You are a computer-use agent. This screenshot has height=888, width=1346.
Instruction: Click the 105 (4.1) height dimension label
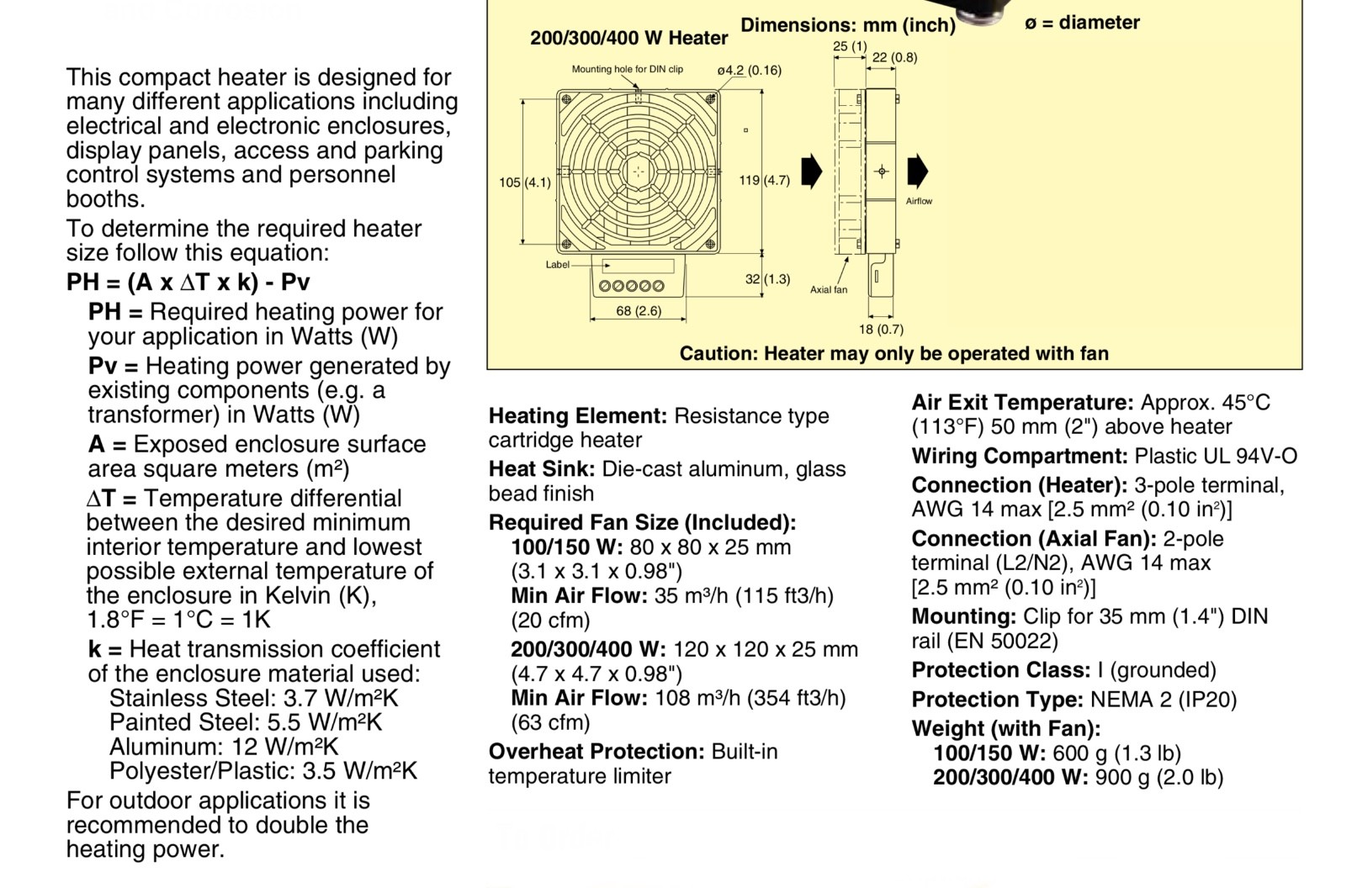click(x=525, y=182)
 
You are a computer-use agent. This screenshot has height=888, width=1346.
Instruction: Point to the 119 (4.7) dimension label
click(x=765, y=180)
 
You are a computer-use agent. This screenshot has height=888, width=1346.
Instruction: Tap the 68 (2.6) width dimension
click(x=639, y=310)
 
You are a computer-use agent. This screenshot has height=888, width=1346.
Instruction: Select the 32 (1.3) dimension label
click(x=767, y=279)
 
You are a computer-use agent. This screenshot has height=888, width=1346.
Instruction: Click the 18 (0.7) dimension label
click(x=881, y=330)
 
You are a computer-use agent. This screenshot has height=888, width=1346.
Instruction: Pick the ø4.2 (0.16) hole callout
click(x=750, y=71)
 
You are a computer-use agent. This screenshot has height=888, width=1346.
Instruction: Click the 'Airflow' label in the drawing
click(x=919, y=201)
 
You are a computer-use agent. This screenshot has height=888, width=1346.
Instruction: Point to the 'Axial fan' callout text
click(x=829, y=289)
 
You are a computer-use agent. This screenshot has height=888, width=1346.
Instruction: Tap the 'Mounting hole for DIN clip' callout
click(x=628, y=69)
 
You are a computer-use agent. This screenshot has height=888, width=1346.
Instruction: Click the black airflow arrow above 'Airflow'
click(x=917, y=172)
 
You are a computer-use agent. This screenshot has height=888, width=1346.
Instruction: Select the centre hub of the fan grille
click(x=639, y=172)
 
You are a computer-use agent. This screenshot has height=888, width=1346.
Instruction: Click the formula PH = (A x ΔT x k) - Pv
click(x=188, y=282)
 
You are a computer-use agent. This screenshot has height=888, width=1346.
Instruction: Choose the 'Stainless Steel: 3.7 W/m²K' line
click(x=253, y=698)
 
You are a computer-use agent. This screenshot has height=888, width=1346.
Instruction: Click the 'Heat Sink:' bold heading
click(x=542, y=468)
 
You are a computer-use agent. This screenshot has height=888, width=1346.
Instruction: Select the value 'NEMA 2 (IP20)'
click(x=1163, y=700)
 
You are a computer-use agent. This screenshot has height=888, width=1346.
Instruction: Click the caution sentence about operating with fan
click(x=894, y=353)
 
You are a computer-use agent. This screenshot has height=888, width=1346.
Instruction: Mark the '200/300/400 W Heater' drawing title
click(x=628, y=38)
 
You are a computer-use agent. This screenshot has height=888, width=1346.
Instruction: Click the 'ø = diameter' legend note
click(x=1082, y=22)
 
